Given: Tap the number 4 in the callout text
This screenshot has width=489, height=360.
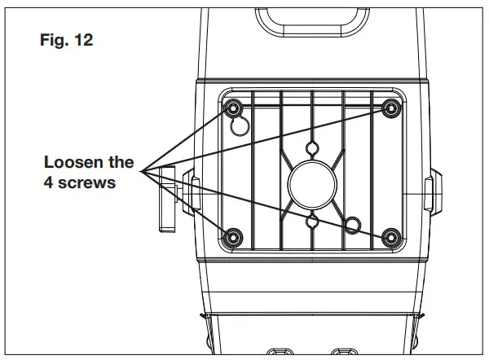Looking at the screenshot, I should click(50, 182).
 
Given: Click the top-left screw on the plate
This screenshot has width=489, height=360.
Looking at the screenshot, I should click(234, 108).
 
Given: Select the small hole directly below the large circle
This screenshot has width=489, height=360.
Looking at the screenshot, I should click(312, 221).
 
